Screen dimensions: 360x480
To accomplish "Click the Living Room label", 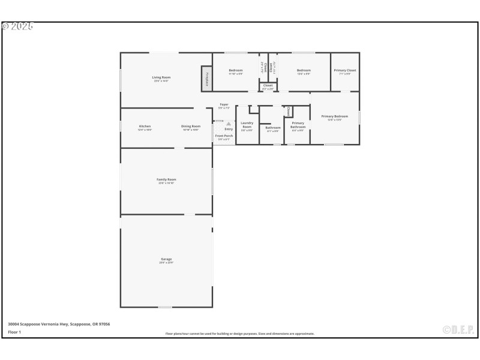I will coord(161,77).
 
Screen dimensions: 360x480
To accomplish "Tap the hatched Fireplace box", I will coord(206,79).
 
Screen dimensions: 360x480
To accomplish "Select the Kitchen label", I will coord(145,127).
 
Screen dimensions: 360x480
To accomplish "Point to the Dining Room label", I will coord(191,127).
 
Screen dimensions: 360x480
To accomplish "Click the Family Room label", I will coord(166,179).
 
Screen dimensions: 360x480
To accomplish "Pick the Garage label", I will coord(166,259).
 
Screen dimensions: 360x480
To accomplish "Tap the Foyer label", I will coord(224,105).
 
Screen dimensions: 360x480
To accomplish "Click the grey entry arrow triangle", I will coord(229,124).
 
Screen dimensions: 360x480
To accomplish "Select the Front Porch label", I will coord(224,136).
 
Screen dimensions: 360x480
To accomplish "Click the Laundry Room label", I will coord(247,125).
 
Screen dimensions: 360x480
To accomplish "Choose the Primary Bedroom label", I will coord(334,116).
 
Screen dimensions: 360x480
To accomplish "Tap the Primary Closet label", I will coord(345,71).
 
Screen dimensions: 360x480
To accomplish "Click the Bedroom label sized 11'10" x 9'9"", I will coord(235,71).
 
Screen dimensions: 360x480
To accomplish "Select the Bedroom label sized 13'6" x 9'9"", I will coord(304,71).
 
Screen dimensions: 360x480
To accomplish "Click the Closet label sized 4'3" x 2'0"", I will coord(268,86).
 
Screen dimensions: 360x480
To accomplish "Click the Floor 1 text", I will coord(14,332).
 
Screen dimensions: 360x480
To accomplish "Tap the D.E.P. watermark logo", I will coord(458,329).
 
